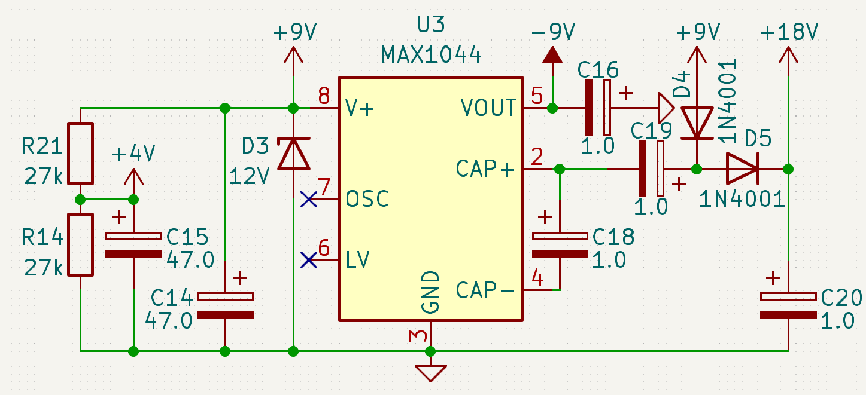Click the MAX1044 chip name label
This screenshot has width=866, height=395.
(x=431, y=54)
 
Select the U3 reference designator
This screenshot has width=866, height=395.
(x=431, y=25)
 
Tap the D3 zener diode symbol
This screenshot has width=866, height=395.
(x=294, y=154)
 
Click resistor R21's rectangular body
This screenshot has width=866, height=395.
(x=80, y=154)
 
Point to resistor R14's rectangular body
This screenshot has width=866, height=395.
(x=80, y=245)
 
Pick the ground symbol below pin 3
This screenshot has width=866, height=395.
(x=431, y=373)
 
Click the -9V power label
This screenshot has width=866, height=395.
(x=553, y=32)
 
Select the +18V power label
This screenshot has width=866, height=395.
(x=789, y=32)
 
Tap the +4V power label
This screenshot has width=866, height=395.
(x=133, y=154)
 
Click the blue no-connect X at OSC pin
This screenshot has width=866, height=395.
(x=308, y=199)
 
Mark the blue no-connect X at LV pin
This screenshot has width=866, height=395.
(x=308, y=260)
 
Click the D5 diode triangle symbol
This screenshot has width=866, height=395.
(x=742, y=169)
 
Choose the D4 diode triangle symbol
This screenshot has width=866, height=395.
(x=697, y=123)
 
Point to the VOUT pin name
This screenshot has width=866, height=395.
(x=488, y=108)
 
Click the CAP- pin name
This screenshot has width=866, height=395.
(x=485, y=290)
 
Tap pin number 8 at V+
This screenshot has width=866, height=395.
(x=324, y=96)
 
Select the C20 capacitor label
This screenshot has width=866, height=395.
(x=841, y=298)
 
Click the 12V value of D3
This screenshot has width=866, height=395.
(x=249, y=177)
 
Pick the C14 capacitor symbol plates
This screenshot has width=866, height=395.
(x=226, y=305)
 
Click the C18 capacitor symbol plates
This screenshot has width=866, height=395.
(x=560, y=245)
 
